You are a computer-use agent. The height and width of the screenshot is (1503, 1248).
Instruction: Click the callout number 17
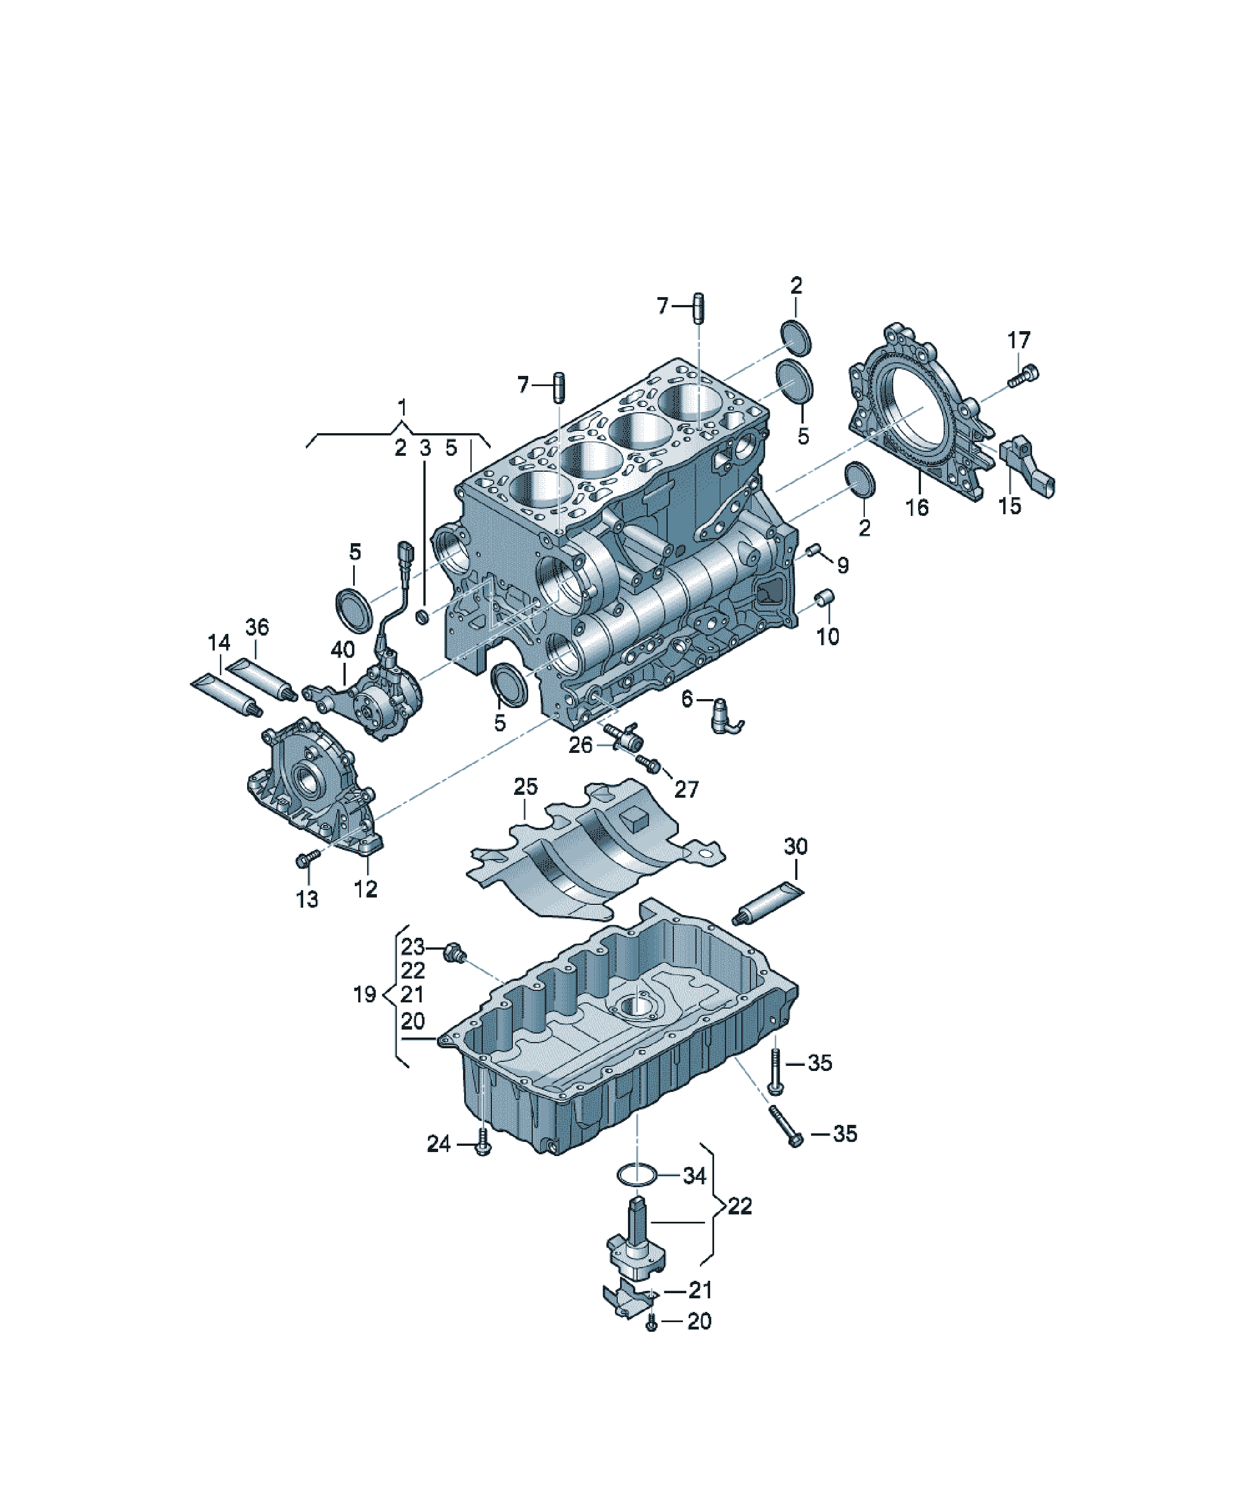pyautogui.click(x=1018, y=340)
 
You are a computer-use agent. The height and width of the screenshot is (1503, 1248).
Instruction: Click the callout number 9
pyautogui.click(x=843, y=565)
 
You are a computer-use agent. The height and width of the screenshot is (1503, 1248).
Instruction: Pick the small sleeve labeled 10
pyautogui.click(x=825, y=597)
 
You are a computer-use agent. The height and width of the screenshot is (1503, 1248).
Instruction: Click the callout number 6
pyautogui.click(x=687, y=698)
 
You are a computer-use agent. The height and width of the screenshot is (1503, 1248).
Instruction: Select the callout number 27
pyautogui.click(x=686, y=789)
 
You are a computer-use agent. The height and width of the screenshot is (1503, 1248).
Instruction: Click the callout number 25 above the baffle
pyautogui.click(x=525, y=786)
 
